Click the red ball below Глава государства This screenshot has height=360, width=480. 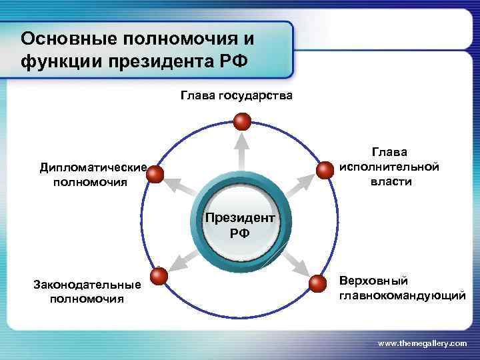[x=242, y=121]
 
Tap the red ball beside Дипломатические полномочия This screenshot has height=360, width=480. [x=155, y=175]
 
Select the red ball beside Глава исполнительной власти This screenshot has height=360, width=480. [x=324, y=170]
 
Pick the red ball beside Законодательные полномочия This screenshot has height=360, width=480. [x=159, y=277]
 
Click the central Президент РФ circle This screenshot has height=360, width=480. [x=240, y=225]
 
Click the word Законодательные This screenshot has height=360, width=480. [x=87, y=285]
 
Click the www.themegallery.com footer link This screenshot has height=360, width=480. [x=422, y=343]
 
